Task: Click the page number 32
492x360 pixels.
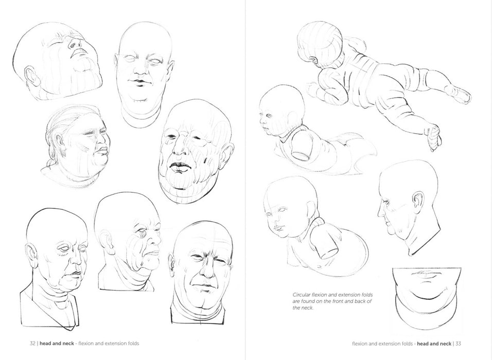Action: [x=32, y=344]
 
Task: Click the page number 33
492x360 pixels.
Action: [x=458, y=344]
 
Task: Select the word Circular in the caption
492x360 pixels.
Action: [x=302, y=295]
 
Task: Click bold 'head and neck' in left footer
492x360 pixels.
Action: [x=57, y=344]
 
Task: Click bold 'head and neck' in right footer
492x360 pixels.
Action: [x=434, y=344]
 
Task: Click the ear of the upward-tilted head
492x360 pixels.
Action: [x=31, y=76]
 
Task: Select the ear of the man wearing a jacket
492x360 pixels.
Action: [x=31, y=255]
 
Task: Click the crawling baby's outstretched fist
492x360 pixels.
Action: [x=433, y=137]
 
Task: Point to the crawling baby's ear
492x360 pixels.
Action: [x=313, y=61]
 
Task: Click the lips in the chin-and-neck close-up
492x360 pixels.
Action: [x=426, y=275]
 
